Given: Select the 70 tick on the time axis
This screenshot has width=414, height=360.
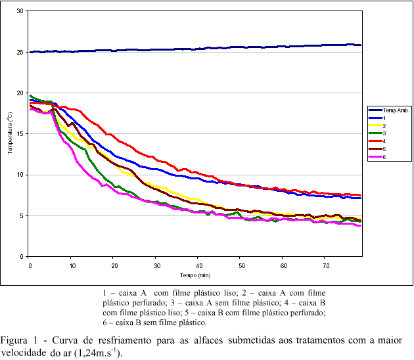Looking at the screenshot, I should click(325, 264).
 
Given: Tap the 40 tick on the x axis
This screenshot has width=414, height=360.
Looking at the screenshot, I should click(198, 264).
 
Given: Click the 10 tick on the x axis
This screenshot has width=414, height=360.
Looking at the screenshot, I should click(72, 264).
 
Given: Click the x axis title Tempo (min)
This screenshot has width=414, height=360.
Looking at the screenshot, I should click(195, 275).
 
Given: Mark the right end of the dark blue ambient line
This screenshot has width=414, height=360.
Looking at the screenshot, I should click(361, 45).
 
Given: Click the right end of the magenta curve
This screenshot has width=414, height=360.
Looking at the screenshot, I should click(360, 225).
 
